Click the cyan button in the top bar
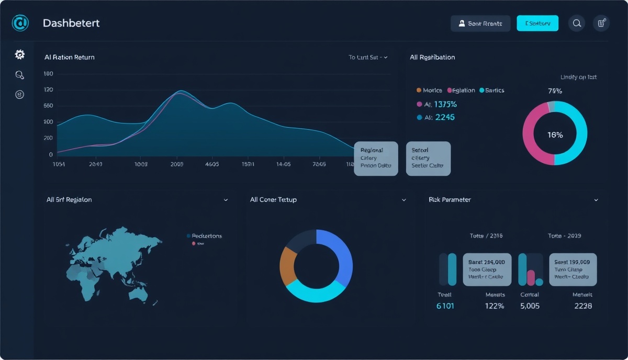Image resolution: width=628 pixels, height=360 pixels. (537, 23)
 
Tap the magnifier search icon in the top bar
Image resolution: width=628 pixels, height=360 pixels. (577, 23)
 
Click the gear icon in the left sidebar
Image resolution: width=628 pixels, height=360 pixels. (20, 54)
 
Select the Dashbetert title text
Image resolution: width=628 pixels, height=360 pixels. (71, 23)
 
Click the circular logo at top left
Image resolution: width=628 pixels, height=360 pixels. (20, 23)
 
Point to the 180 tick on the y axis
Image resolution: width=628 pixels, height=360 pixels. (48, 74)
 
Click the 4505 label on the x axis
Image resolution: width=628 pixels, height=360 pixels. (212, 164)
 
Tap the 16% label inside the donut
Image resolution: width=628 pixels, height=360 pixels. (555, 135)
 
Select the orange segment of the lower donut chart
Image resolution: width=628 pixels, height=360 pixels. (287, 265)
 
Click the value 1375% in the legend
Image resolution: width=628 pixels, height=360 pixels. (445, 104)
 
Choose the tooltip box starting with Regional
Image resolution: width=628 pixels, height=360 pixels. (376, 158)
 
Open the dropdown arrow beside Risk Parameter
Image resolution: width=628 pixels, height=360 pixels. (596, 200)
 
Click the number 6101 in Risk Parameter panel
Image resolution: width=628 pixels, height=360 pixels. (445, 306)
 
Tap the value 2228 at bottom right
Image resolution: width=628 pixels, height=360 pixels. (582, 306)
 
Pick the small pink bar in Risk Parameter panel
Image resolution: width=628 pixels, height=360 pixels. (531, 277)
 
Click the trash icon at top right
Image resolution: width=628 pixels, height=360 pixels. (601, 23)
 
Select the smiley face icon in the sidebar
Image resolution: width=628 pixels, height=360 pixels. (20, 95)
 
